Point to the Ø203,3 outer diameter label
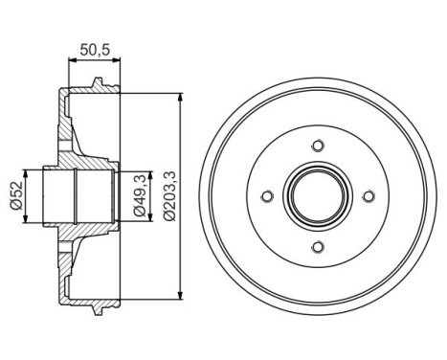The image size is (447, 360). tap(168, 195)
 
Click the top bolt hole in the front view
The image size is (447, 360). tap(316, 146)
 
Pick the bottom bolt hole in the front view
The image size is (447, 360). tap(316, 247)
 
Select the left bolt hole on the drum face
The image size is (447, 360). tap(265, 196)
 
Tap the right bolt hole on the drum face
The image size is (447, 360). tap(367, 196)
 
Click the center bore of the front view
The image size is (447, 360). tap(316, 196)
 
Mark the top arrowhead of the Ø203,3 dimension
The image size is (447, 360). tap(180, 97)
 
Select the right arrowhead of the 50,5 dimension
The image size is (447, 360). tap(119, 59)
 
